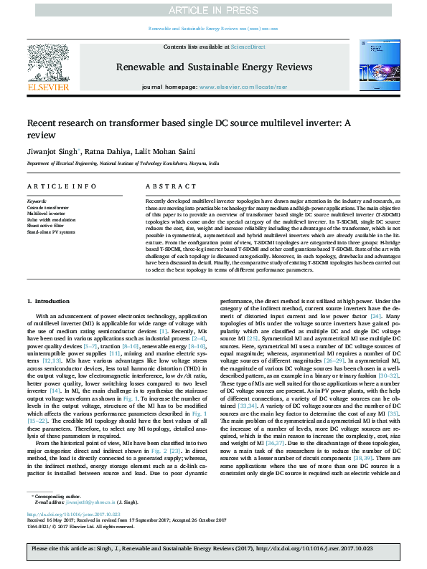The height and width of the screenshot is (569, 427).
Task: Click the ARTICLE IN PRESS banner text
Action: [x=213, y=10]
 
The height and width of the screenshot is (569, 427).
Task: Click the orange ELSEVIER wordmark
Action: [x=47, y=87]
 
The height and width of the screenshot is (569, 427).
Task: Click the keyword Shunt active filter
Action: [x=46, y=226]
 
